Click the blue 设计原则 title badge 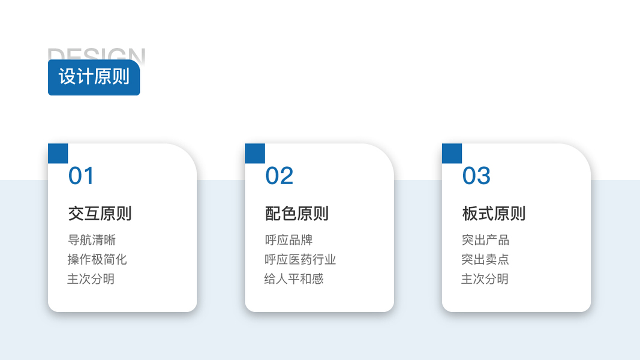[94, 77]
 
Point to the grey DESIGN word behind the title [96, 53]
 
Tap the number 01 [81, 176]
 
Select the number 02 [279, 176]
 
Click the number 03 [476, 176]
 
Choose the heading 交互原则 [100, 214]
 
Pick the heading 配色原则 [297, 214]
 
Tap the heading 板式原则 [494, 214]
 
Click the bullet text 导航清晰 [92, 240]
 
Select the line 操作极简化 [97, 259]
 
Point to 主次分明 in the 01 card [91, 279]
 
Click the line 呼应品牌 [289, 240]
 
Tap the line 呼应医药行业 [300, 259]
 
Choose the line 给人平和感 [294, 279]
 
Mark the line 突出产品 [485, 240]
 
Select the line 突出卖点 [485, 259]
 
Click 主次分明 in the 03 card [485, 279]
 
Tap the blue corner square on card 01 [58, 154]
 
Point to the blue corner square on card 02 [255, 154]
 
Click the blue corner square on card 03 [452, 154]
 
